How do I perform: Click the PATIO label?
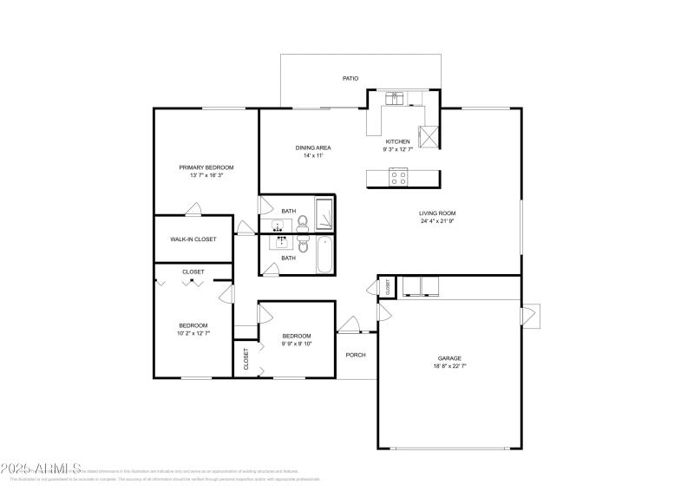tap(350, 78)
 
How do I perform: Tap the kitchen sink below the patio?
tap(396, 98)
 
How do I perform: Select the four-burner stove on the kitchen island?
tap(398, 177)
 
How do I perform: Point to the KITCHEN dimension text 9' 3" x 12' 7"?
tap(397, 149)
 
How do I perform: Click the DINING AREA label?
tap(313, 147)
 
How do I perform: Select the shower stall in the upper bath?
tap(324, 212)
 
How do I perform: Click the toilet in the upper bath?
tap(303, 225)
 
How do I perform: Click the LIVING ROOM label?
tap(437, 213)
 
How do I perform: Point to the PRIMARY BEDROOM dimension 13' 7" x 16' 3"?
tap(206, 175)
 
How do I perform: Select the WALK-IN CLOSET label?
tap(193, 239)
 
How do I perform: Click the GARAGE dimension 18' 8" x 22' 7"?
tap(449, 366)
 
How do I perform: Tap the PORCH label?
tap(356, 354)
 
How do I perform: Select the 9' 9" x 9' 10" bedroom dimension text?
tap(296, 344)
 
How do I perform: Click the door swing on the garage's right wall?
tap(530, 316)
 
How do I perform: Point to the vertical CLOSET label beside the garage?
tap(388, 286)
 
